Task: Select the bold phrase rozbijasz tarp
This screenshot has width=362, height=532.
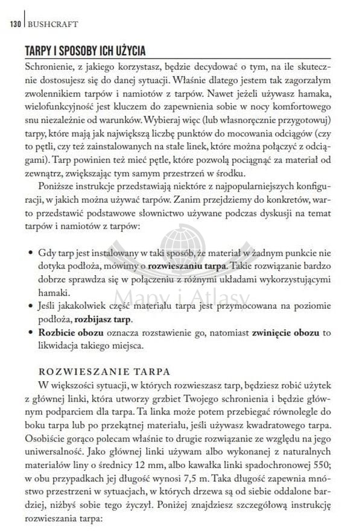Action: pyautogui.click(x=103, y=319)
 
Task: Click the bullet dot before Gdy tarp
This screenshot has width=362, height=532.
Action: pyautogui.click(x=31, y=250)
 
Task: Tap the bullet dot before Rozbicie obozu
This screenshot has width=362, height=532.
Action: pyautogui.click(x=31, y=333)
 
